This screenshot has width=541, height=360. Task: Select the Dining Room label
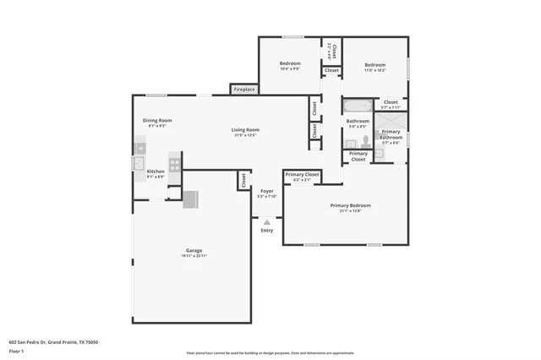point(157,121)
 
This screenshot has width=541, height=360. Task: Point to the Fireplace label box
point(245,89)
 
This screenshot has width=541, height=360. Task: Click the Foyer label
point(267,192)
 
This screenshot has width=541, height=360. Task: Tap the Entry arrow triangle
point(267,221)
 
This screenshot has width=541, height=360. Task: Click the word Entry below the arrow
point(267,230)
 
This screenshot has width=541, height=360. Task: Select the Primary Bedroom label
point(350,205)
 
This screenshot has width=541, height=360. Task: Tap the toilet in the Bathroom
point(366,141)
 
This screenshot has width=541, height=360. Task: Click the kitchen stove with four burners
point(175,163)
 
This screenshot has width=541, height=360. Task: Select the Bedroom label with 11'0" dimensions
point(374,65)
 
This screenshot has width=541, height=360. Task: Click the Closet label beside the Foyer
point(243,180)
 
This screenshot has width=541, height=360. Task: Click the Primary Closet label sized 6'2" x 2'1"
point(302,175)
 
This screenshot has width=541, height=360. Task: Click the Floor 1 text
point(17,350)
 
